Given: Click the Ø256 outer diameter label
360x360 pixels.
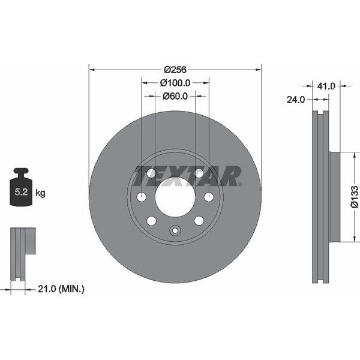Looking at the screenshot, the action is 175,70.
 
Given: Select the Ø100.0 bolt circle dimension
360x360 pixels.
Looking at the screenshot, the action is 175,83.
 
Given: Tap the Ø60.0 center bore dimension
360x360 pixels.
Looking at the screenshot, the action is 175,96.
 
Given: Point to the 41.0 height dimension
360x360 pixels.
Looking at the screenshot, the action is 326,86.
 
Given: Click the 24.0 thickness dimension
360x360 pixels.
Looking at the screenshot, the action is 296,100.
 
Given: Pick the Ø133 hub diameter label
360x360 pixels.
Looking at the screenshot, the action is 355,197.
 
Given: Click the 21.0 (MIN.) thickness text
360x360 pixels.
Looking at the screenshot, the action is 61,289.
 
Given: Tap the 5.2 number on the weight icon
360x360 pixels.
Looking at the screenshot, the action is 21,192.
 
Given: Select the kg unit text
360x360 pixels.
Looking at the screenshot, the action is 40,193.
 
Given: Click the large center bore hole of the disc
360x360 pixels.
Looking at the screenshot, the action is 175,197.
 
